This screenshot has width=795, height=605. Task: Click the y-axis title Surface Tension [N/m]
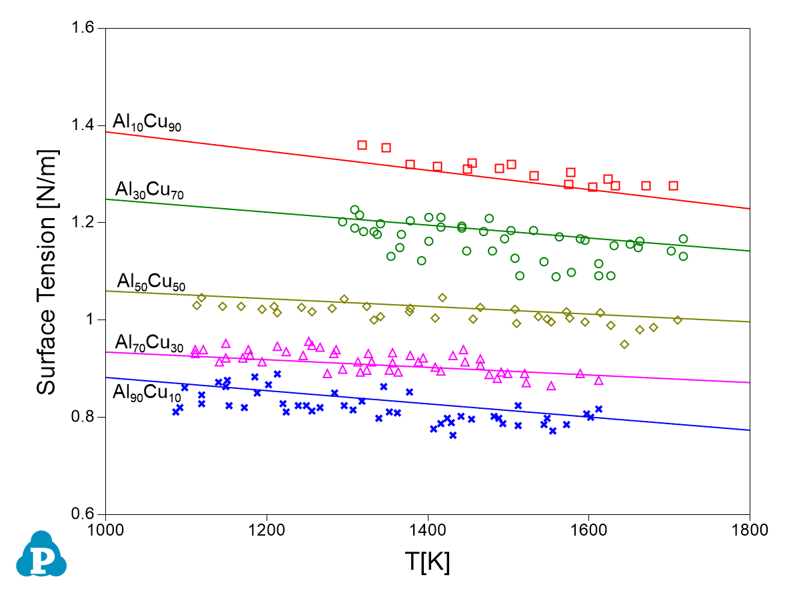(47, 271)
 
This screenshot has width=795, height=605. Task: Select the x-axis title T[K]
(427, 562)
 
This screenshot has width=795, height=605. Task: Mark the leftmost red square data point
(362, 145)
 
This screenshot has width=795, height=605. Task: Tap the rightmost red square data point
(673, 185)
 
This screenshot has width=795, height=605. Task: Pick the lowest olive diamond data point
(624, 344)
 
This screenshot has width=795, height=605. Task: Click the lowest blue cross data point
(452, 435)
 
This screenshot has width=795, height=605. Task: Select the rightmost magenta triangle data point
(598, 380)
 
